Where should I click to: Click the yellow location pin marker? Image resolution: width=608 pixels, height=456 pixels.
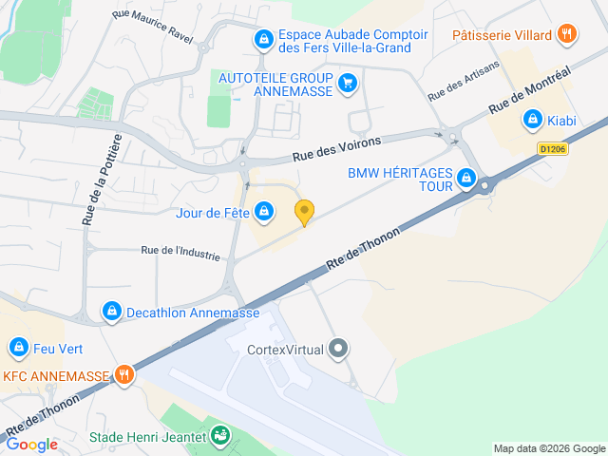click(x=304, y=212)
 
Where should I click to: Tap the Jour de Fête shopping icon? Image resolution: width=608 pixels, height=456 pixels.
click(x=264, y=212)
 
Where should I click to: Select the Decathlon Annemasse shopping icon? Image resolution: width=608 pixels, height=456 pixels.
click(x=112, y=312)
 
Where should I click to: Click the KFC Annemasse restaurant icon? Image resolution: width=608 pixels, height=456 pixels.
click(x=123, y=374)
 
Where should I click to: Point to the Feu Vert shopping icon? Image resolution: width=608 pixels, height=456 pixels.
click(x=18, y=348)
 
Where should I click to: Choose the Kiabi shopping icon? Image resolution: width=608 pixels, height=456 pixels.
click(x=532, y=121)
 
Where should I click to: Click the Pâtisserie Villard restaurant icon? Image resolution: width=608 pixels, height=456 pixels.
click(x=566, y=35)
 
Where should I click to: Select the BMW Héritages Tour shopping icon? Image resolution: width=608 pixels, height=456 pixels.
click(x=465, y=178)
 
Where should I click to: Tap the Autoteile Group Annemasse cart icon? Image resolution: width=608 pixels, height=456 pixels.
click(x=348, y=83)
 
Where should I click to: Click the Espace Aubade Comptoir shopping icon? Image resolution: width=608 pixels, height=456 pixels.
click(x=263, y=40)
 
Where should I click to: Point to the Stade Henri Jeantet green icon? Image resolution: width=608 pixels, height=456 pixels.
click(x=220, y=437)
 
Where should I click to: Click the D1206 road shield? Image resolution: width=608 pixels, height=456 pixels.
click(x=553, y=148)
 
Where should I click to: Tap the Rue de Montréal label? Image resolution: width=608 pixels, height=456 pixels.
click(x=530, y=92)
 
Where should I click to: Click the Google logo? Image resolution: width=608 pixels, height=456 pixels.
click(x=32, y=445)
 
